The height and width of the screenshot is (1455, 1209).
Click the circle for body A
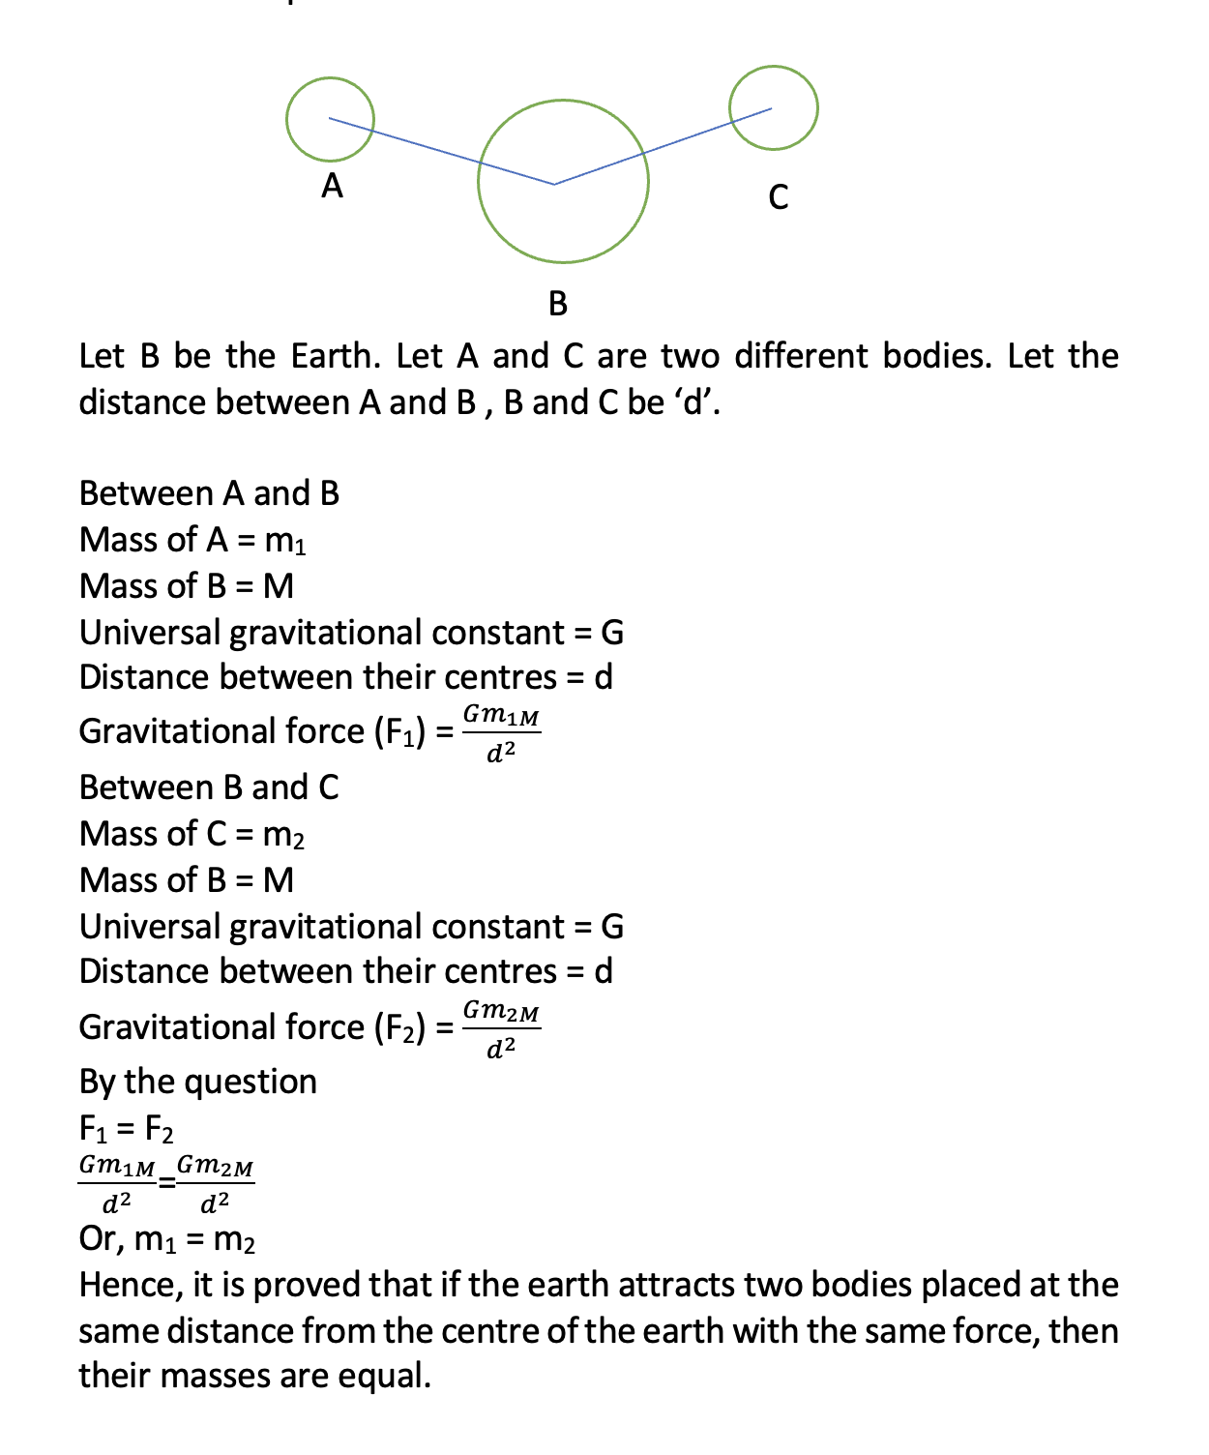click(x=330, y=119)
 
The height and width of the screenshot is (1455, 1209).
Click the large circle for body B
click(x=563, y=181)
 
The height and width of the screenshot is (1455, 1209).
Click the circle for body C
click(x=774, y=107)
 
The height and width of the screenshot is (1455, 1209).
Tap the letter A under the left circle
click(x=332, y=185)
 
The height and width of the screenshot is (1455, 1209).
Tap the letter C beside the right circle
click(x=779, y=197)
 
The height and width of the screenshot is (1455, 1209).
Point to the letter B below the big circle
click(x=558, y=304)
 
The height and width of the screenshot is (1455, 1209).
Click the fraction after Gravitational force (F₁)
click(x=501, y=732)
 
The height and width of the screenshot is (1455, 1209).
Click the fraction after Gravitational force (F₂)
click(x=501, y=1028)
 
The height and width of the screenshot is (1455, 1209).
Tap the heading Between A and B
click(x=209, y=493)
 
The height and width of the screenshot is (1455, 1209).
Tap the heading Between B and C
click(x=209, y=787)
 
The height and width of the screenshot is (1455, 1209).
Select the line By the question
click(x=198, y=1082)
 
